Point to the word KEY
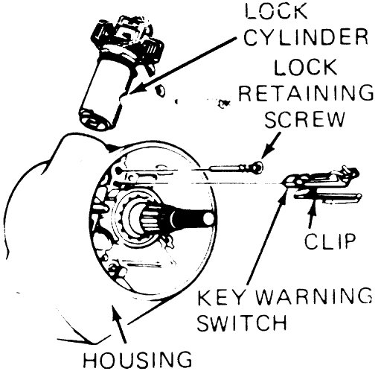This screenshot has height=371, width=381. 220,301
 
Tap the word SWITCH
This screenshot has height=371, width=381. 246,326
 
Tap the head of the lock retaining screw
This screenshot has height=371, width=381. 255,168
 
